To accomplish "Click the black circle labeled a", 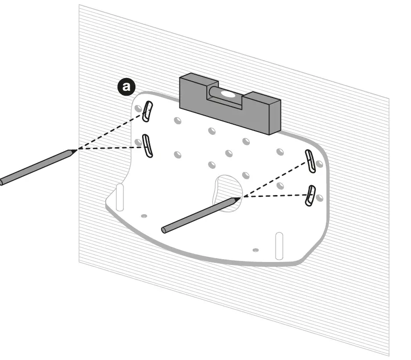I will [127, 86].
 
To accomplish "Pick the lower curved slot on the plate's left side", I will [148, 146].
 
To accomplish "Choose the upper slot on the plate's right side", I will [311, 161].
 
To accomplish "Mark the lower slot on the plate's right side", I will [311, 196].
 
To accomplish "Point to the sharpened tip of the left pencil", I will [75, 150].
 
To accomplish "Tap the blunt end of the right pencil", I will [164, 230].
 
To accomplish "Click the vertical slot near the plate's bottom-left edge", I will [120, 196].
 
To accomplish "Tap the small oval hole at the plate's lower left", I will [144, 216].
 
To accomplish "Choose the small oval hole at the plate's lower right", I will [255, 250].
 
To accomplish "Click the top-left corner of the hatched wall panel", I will [79, 6].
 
